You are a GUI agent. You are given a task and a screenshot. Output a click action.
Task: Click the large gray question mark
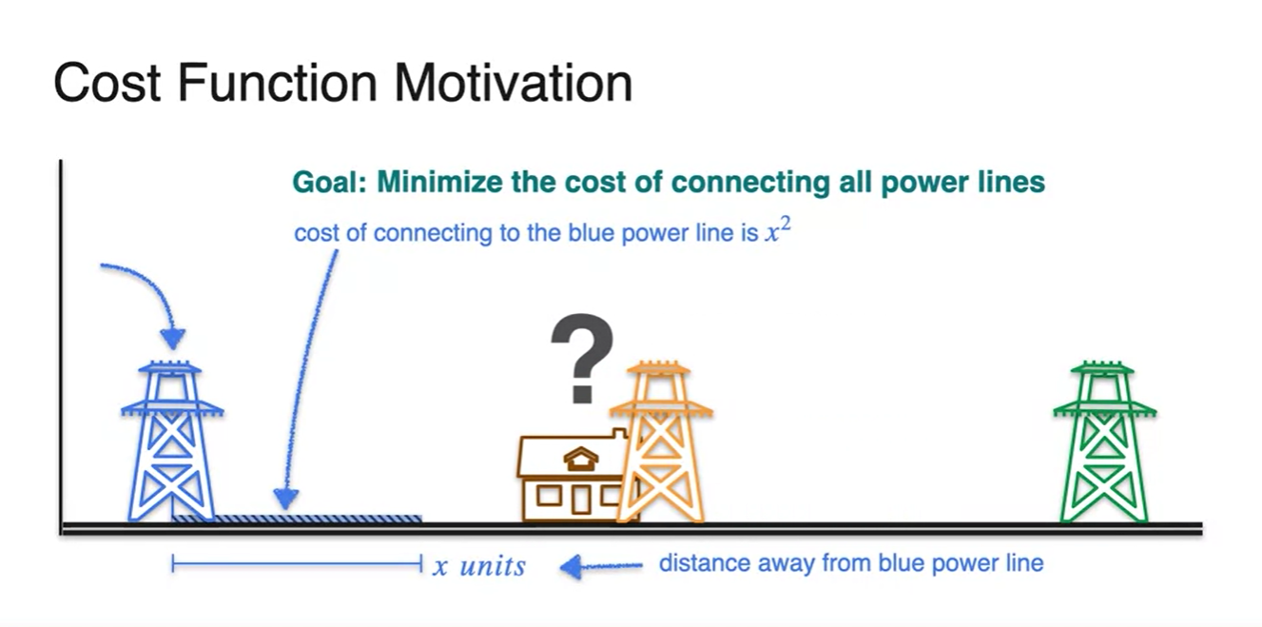tap(582, 359)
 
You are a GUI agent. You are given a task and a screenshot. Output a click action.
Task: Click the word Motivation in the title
tap(514, 84)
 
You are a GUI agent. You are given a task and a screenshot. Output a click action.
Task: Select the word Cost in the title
tap(107, 84)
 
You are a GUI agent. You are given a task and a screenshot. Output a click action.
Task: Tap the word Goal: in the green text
tap(330, 182)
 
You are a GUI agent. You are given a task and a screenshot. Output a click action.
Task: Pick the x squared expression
tap(778, 230)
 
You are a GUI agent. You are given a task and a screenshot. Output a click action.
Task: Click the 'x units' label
tap(479, 565)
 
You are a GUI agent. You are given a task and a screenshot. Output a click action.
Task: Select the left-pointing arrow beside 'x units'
tap(601, 566)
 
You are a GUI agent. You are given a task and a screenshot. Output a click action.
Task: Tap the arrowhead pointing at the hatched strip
tap(285, 499)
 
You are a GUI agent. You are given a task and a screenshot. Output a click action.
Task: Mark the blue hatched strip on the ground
tap(297, 519)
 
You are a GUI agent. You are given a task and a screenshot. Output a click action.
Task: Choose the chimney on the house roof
tap(620, 434)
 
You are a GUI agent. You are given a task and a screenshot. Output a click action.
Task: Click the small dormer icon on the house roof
tap(581, 459)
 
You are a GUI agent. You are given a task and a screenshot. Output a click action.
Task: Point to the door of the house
tap(581, 500)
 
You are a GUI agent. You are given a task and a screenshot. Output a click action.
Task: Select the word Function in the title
tap(277, 84)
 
